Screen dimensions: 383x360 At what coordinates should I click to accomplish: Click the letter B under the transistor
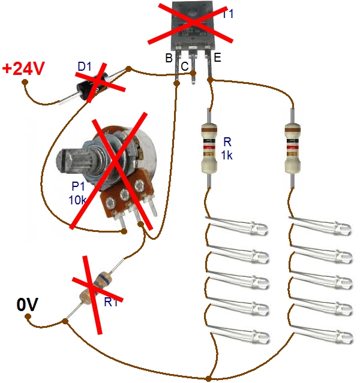tap(169, 58)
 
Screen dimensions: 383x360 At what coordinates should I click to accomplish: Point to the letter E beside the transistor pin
tap(217, 58)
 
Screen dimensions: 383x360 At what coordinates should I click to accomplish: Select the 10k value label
tap(78, 200)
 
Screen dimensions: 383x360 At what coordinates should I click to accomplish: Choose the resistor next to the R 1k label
tap(208, 147)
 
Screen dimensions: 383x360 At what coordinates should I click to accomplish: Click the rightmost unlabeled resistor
tap(293, 147)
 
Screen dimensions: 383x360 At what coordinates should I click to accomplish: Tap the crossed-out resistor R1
tap(95, 286)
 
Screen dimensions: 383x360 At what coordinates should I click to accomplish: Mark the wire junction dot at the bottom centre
tap(208, 378)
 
